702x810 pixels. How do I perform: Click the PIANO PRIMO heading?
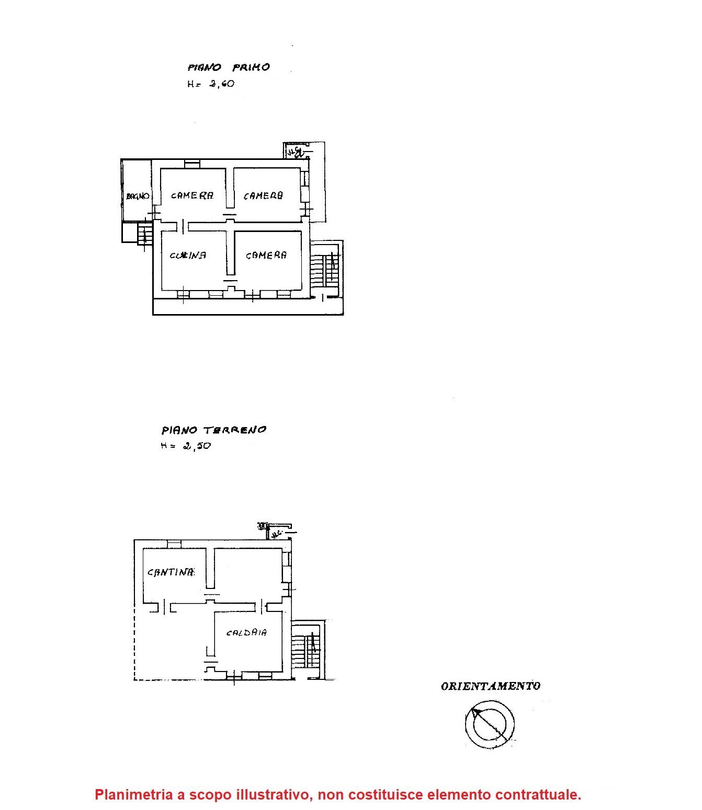229,67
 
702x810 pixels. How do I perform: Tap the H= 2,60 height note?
211,84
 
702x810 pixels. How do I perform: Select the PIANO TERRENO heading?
213,430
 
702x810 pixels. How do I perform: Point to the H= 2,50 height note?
186,446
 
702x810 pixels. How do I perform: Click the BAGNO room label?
138,196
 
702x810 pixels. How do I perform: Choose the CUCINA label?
188,256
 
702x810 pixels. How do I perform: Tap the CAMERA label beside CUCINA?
266,256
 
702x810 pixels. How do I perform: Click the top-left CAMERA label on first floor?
192,196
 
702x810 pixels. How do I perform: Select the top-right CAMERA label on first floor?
263,196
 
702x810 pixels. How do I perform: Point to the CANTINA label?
171,572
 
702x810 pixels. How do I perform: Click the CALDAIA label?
246,633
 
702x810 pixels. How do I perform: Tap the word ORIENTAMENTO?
490,686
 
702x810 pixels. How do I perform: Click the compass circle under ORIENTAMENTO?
490,724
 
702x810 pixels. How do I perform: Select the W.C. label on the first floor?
295,152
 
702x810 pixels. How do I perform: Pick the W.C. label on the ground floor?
277,534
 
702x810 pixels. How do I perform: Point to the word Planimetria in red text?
133,795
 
